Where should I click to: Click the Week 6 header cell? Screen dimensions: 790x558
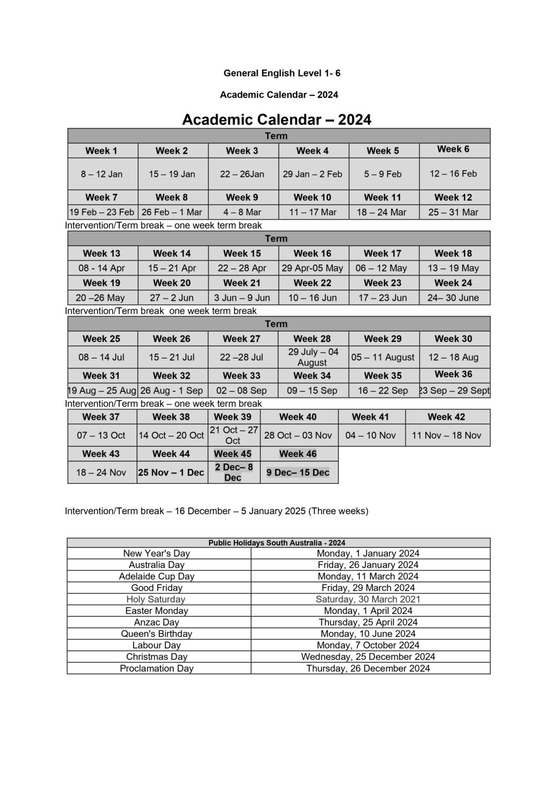[453, 149]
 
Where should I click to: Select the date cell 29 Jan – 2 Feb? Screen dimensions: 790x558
[312, 174]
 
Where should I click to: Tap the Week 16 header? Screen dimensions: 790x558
[312, 253]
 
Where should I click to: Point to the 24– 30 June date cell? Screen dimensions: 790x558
[453, 297]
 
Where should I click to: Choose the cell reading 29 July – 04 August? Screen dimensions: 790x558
[313, 357]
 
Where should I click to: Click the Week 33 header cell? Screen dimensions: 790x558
[241, 375]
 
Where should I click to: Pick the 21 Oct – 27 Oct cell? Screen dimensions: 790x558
[233, 435]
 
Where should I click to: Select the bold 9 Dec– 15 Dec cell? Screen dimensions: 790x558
[298, 472]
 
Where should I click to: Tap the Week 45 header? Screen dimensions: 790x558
[233, 454]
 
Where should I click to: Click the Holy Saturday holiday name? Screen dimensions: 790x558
[156, 599]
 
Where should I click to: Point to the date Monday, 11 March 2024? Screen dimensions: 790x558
[368, 576]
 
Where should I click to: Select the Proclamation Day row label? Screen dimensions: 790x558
[157, 668]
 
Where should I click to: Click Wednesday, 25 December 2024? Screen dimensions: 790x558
[368, 656]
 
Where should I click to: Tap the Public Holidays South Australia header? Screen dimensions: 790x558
[277, 543]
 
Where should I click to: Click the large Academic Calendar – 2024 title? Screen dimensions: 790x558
[277, 119]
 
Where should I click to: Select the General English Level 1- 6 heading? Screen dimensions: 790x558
[282, 73]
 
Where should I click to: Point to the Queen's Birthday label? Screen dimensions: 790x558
[157, 634]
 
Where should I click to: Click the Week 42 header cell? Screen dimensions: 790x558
[446, 417]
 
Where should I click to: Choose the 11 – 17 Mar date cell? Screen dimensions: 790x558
[312, 212]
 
